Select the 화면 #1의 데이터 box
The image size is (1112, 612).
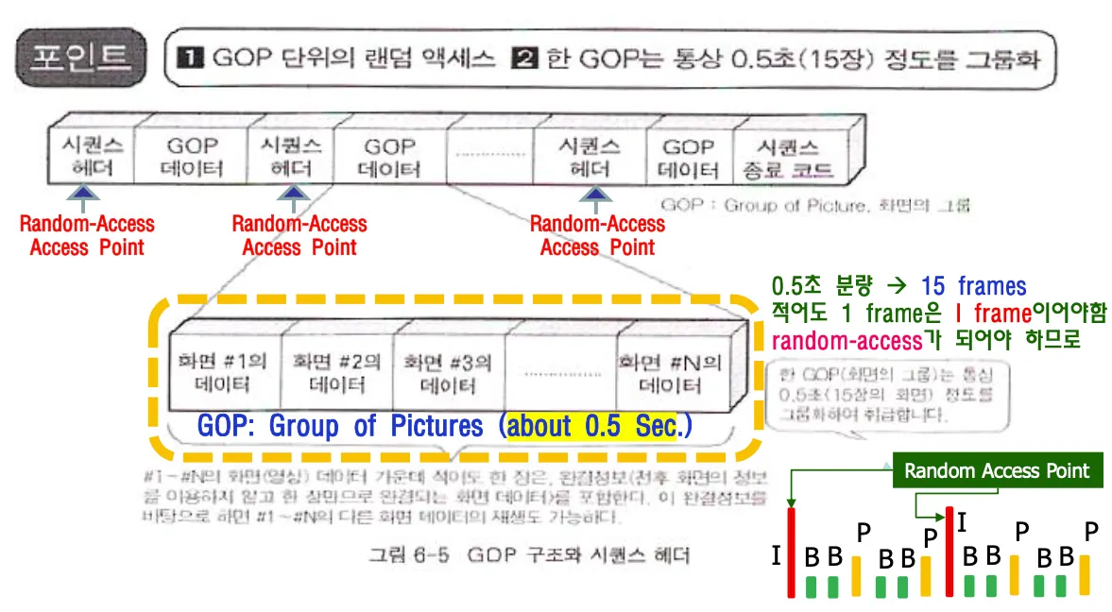click(225, 374)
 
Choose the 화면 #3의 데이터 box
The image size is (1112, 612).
click(448, 374)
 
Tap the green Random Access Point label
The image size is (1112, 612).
click(997, 470)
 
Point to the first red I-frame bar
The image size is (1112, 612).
click(793, 552)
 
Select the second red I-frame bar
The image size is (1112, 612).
click(949, 552)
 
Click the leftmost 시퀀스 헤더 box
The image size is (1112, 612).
click(88, 157)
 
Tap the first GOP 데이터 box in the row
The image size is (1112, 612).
click(193, 157)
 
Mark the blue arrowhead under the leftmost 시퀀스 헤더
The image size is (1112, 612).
click(85, 192)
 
